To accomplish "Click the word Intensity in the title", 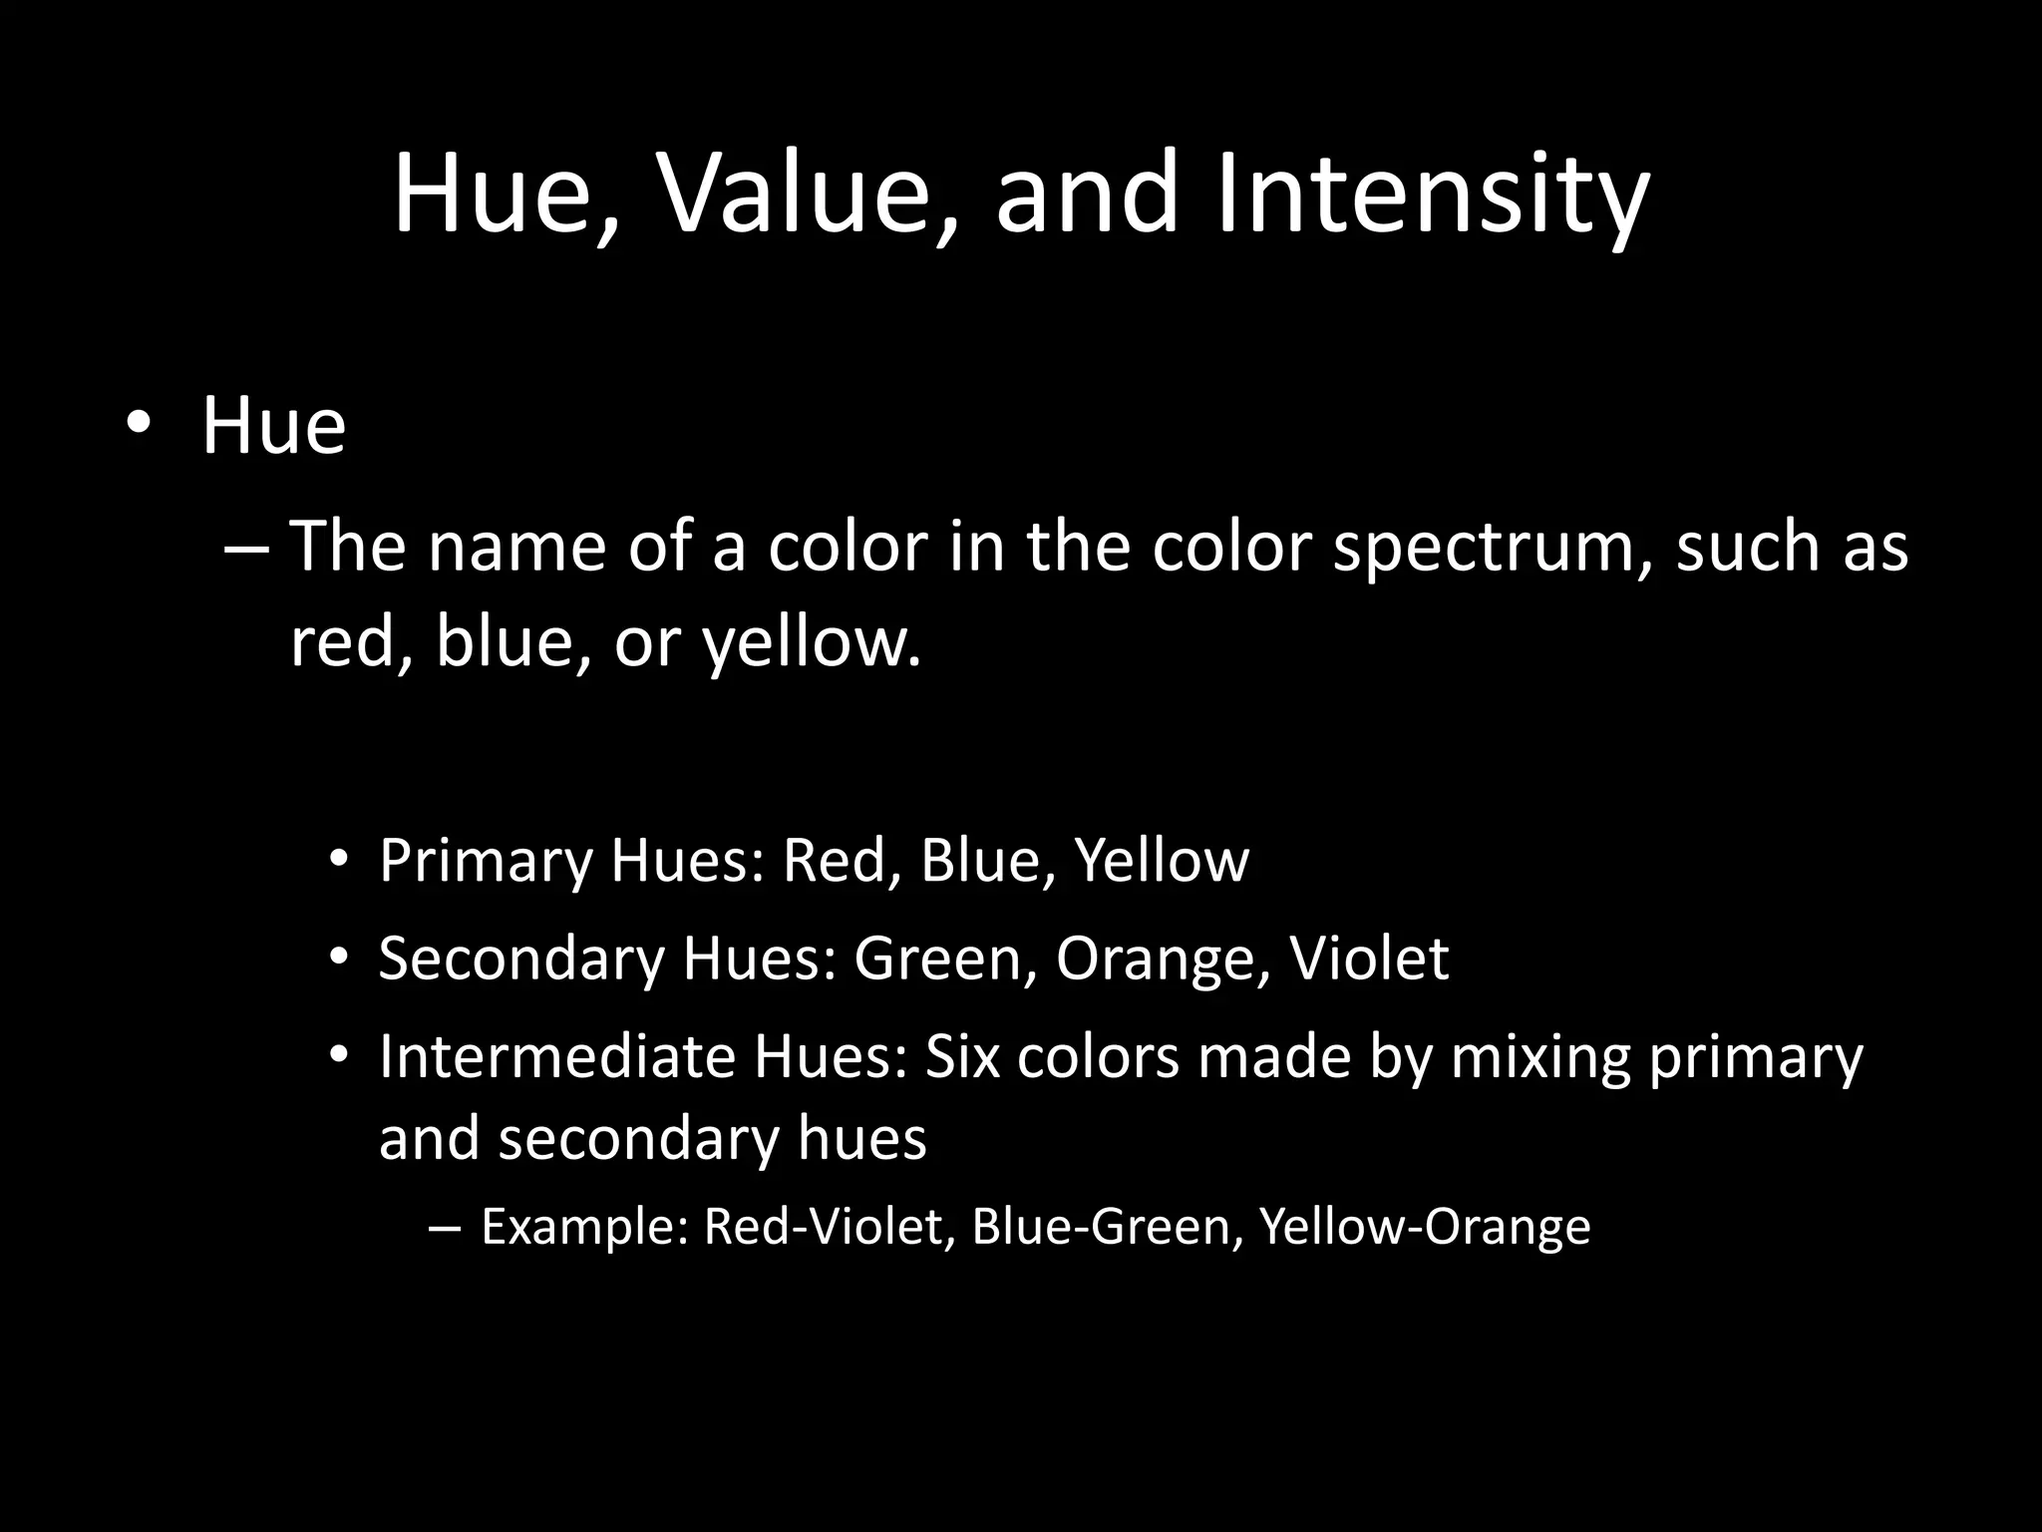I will point(1432,194).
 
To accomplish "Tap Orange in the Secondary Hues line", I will point(1156,960).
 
